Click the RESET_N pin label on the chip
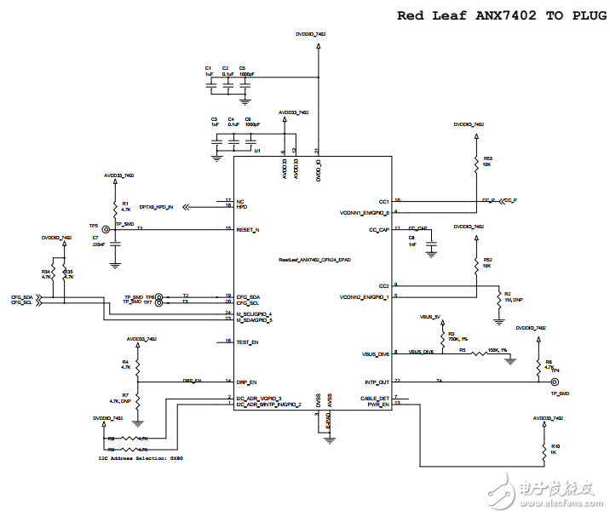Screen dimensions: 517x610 tap(248, 229)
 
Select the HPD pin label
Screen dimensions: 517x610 tap(242, 206)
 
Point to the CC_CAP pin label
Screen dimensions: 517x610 tap(379, 229)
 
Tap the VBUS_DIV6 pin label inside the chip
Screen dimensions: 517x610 tap(376, 353)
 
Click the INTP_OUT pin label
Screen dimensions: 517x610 tap(376, 382)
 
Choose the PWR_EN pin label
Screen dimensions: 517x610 tap(377, 405)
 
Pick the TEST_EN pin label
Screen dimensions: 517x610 tap(247, 342)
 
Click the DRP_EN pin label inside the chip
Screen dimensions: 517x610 tap(246, 382)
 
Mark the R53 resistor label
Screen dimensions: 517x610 tap(488, 158)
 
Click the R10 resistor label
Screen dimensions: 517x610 tap(555, 445)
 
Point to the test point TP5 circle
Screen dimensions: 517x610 tap(106, 229)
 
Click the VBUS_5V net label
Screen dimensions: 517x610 tap(430, 316)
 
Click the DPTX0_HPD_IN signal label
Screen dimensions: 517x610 tap(156, 207)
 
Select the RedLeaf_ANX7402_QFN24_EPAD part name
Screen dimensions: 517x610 tap(314, 259)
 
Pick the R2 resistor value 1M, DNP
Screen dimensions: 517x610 tap(513, 300)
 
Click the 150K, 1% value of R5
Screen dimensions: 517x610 tap(498, 349)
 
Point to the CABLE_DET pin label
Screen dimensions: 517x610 tap(376, 398)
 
